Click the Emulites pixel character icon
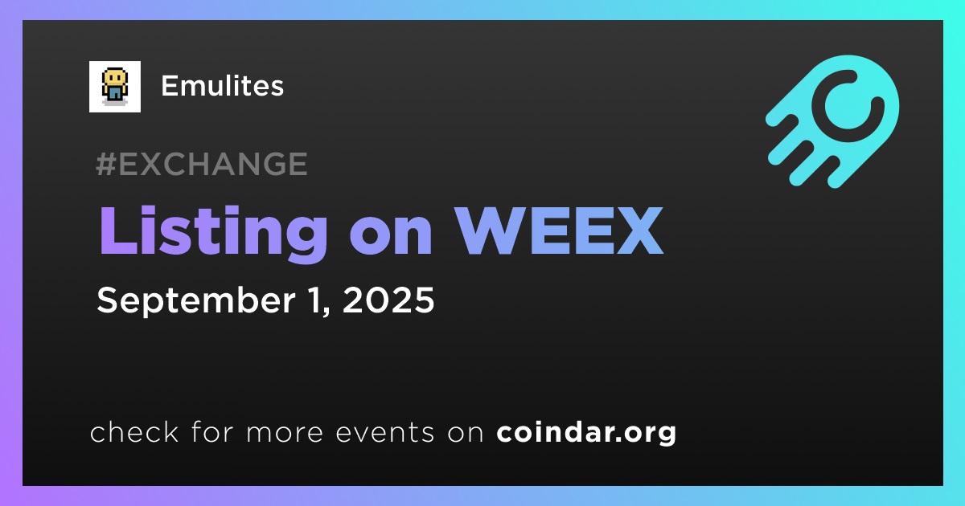tap(114, 87)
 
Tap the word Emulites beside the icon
tap(222, 86)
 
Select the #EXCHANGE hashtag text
tap(202, 164)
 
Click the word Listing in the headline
tap(213, 233)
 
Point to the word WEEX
tap(559, 231)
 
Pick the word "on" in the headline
tap(391, 238)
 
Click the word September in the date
tap(196, 301)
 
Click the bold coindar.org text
tap(586, 432)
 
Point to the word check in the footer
tap(134, 431)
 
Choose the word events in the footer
tap(384, 432)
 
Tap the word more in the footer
tap(285, 433)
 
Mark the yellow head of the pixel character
tap(114, 78)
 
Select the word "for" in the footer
tap(212, 431)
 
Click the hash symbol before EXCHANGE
tap(105, 164)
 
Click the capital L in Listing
tap(118, 231)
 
